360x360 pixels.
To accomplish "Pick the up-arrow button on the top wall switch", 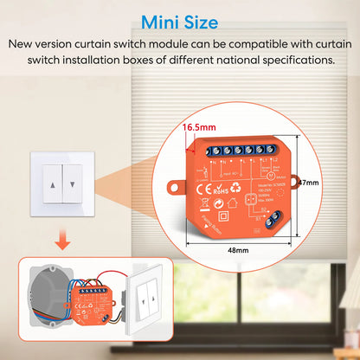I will pos(58,183).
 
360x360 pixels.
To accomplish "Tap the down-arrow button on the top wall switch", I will pos(76,183).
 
